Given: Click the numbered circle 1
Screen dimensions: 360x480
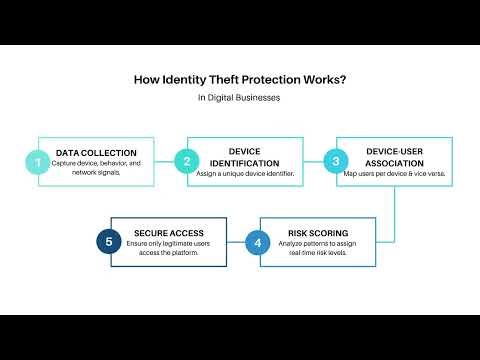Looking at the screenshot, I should click(38, 161).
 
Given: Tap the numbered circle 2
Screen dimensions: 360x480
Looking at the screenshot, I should click(185, 161).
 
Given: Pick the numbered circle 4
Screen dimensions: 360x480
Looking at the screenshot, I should click(258, 243).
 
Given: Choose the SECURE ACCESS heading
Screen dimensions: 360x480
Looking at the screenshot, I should click(163, 233).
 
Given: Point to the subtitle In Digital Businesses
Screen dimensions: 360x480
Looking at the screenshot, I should click(240, 99).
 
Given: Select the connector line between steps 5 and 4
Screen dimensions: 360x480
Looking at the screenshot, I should click(236, 243).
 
